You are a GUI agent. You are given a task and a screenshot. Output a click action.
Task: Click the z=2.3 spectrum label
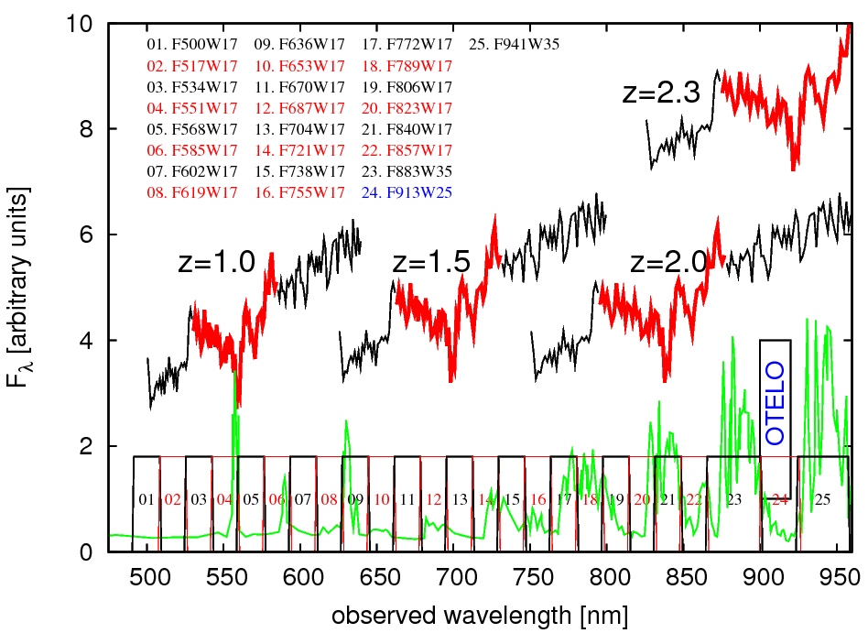[x=661, y=93]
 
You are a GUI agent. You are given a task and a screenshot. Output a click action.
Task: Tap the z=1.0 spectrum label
[x=215, y=263]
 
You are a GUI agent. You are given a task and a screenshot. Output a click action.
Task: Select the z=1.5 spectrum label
[x=431, y=263]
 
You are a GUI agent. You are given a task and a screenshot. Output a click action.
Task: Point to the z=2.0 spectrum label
[x=670, y=263]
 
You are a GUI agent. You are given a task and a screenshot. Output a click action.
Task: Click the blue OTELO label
[x=776, y=403]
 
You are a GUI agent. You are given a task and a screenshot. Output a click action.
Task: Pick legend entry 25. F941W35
[x=514, y=44]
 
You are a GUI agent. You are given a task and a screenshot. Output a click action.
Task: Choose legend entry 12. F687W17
[x=299, y=108]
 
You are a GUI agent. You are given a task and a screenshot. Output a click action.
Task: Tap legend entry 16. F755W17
[x=299, y=192]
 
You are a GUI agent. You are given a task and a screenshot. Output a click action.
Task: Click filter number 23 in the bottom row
[x=734, y=500]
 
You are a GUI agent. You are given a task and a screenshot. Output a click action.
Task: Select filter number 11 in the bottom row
[x=408, y=500]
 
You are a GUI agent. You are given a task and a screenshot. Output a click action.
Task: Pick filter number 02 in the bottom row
[x=173, y=500]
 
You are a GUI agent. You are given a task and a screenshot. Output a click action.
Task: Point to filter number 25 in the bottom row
[x=822, y=500]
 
